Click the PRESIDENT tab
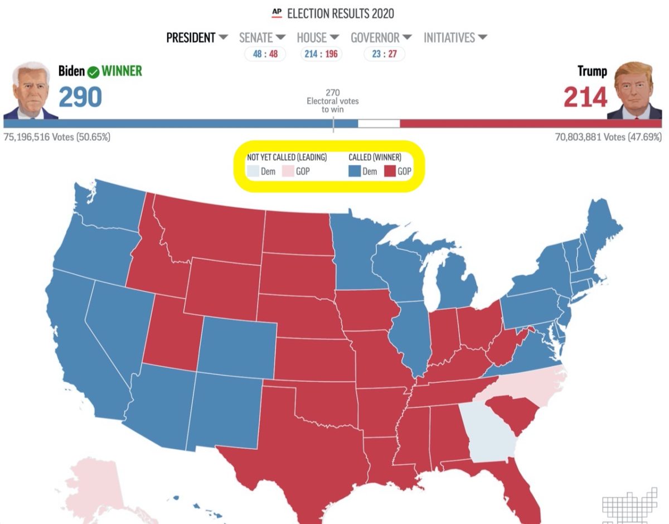pyautogui.click(x=191, y=38)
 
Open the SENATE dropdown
pyautogui.click(x=262, y=38)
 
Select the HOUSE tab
pyautogui.click(x=318, y=38)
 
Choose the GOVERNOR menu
pyautogui.click(x=381, y=38)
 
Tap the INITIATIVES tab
pyautogui.click(x=455, y=38)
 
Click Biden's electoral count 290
pyautogui.click(x=80, y=97)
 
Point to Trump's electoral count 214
pyautogui.click(x=585, y=97)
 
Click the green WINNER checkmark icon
pyautogui.click(x=94, y=72)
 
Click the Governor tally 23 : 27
pyautogui.click(x=384, y=54)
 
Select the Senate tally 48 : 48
pyautogui.click(x=265, y=54)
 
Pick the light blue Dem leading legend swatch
pyautogui.click(x=253, y=171)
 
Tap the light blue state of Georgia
pyautogui.click(x=491, y=432)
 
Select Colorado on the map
pyautogui.click(x=236, y=346)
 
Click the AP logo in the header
pyautogui.click(x=277, y=13)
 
